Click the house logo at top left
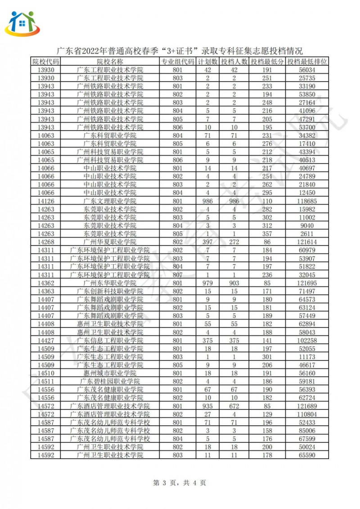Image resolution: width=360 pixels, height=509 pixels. pos(22,23)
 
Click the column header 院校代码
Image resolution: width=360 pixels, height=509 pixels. pos(45,62)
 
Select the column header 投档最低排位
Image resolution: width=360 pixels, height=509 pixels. pos(307,62)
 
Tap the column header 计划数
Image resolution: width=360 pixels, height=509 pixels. pos(208,62)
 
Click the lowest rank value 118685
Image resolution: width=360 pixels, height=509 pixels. pos(307,201)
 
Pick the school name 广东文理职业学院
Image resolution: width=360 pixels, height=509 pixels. pos(110,201)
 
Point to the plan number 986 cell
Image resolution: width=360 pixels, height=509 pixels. pos(208,201)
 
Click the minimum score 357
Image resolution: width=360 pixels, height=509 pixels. pos(267,234)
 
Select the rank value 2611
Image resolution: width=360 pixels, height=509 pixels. pos(307,234)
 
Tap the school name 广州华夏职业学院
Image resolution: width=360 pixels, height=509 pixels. pos(110,242)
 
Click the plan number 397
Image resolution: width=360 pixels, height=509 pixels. pos(208,242)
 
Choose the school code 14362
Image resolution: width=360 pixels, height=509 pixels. pos(45,283)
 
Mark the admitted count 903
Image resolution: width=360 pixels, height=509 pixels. pos(234,283)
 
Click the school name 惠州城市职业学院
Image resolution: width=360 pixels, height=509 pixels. pos(110,373)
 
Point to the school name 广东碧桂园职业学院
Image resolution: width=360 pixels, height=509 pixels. pos(110,381)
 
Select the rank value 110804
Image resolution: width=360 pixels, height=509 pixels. pos(307,414)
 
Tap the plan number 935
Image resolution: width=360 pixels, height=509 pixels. pos(208,406)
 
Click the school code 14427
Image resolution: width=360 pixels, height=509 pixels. pos(45,340)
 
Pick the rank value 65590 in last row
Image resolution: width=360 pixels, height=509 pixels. pos(307,455)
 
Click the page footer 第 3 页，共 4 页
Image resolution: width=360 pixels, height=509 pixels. pos(180,483)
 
